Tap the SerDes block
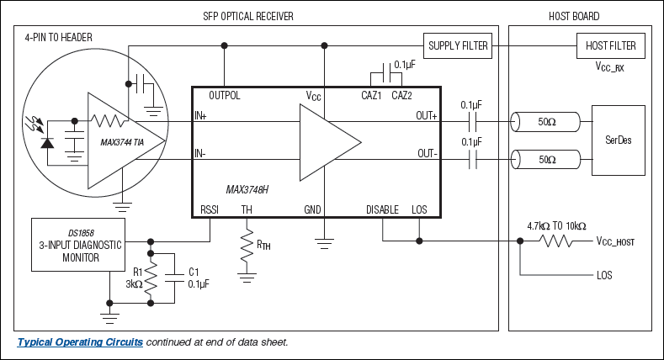pos(618,140)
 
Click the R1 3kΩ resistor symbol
pos(151,278)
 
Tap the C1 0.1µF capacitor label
pos(198,278)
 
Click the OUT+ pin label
pos(427,116)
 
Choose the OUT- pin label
pos(427,153)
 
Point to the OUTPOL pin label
pos(225,96)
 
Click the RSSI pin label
pos(210,209)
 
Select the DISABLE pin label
pos(383,209)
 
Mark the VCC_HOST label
pos(615,242)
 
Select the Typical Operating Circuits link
pos(80,342)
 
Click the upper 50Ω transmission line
pos(546,123)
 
